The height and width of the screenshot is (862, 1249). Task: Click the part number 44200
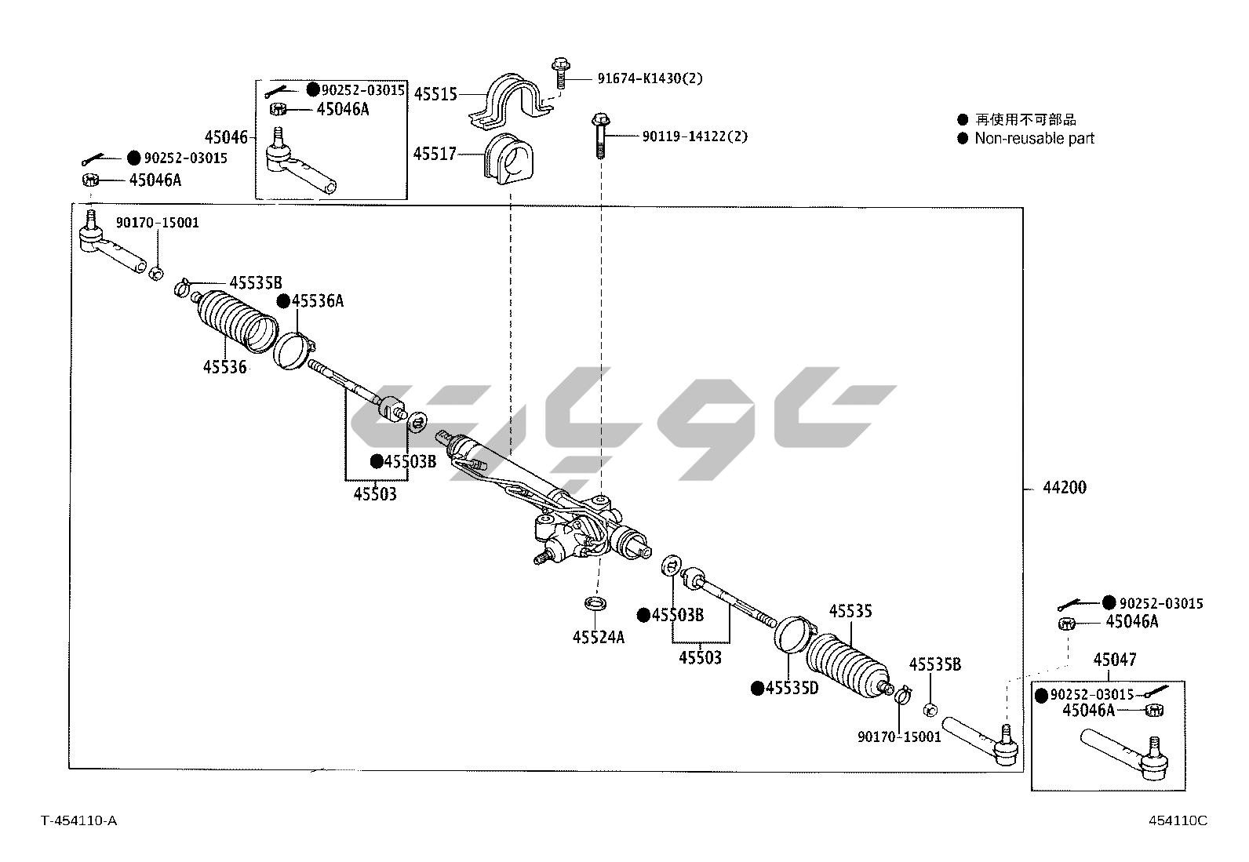tap(1065, 488)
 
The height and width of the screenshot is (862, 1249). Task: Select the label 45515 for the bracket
tap(435, 94)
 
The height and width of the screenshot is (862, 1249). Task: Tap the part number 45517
tap(435, 154)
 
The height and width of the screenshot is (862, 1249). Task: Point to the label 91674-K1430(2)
tap(650, 78)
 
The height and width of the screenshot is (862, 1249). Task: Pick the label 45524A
tap(599, 637)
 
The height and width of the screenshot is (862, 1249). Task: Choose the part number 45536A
tap(318, 301)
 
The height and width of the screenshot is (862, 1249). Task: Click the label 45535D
tap(792, 688)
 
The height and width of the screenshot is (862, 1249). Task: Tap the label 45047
tap(1115, 660)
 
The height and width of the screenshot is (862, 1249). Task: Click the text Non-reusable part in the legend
tap(1034, 139)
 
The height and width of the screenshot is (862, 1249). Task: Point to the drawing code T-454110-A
tap(79, 820)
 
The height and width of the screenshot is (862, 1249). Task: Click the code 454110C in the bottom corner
tap(1178, 820)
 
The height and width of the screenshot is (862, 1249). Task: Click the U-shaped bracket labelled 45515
tap(508, 102)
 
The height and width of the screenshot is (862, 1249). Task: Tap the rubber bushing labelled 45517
tap(507, 161)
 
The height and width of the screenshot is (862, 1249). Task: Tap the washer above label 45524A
tap(597, 604)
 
